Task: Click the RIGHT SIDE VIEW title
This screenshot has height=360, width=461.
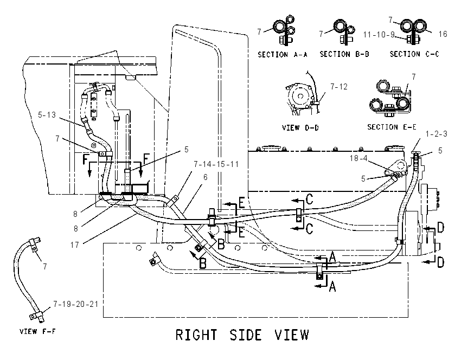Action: pyautogui.click(x=242, y=335)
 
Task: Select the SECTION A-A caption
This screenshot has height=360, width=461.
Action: pyautogui.click(x=283, y=55)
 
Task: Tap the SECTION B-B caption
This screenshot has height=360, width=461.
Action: pyautogui.click(x=344, y=54)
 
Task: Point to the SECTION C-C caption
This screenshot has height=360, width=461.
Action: pyautogui.click(x=414, y=54)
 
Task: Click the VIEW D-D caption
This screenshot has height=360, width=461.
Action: pyautogui.click(x=300, y=128)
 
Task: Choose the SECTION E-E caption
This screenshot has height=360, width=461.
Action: pyautogui.click(x=392, y=127)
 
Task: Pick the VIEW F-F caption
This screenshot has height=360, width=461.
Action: pyautogui.click(x=37, y=331)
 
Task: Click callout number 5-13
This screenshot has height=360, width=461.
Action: pyautogui.click(x=47, y=114)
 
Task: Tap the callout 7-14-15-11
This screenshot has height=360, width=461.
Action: pyautogui.click(x=216, y=164)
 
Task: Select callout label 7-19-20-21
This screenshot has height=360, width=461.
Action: pyautogui.click(x=76, y=304)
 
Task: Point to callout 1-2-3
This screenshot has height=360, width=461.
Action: pyautogui.click(x=436, y=134)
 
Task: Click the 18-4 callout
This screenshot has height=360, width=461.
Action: pyautogui.click(x=358, y=158)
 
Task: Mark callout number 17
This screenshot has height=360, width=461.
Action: pyautogui.click(x=75, y=245)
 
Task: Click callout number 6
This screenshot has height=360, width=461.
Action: pyautogui.click(x=205, y=177)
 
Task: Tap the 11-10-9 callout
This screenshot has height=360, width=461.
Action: pyautogui.click(x=379, y=35)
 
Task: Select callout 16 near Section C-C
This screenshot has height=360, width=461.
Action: pyautogui.click(x=443, y=34)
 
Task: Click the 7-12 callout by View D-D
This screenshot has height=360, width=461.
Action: pyautogui.click(x=338, y=87)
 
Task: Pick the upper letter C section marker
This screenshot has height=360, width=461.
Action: pyautogui.click(x=309, y=199)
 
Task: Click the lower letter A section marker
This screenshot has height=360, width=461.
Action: pyautogui.click(x=332, y=286)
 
